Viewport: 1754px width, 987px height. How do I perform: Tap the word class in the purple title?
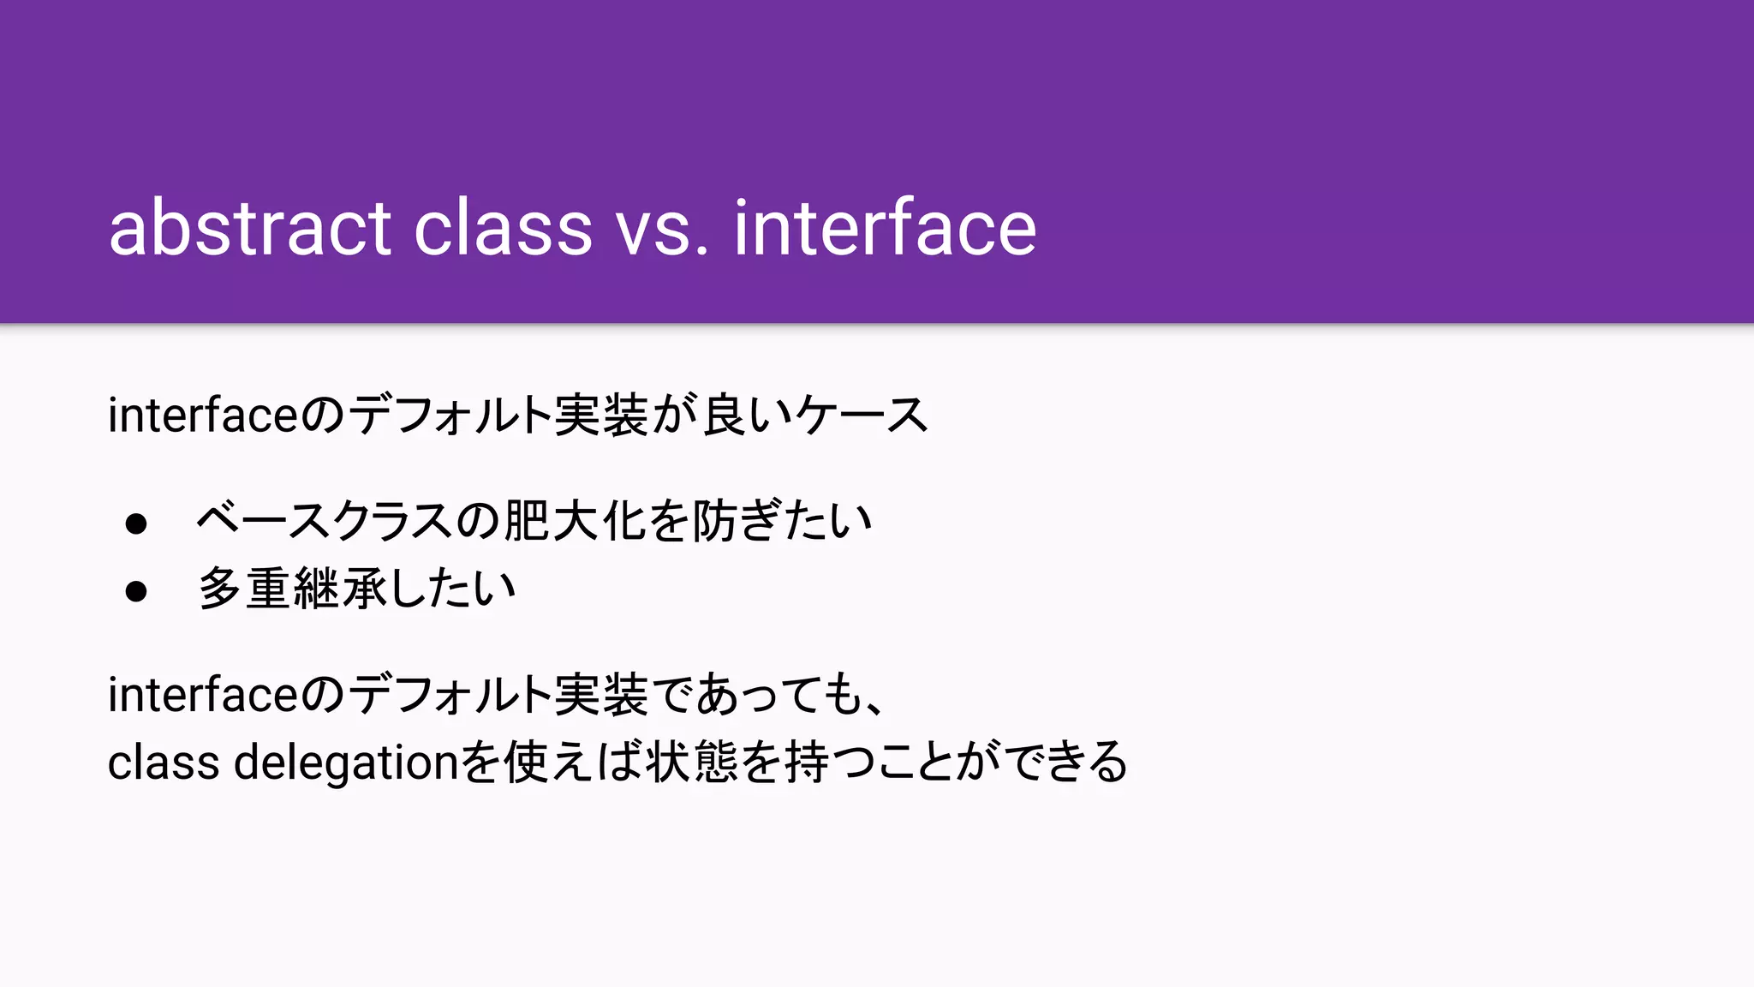pos(503,228)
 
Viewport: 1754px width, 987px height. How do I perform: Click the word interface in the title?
pos(885,228)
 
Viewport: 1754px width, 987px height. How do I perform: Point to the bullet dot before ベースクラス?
pos(136,523)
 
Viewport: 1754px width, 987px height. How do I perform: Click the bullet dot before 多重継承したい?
pos(136,591)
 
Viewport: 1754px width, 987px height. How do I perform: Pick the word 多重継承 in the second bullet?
pos(293,589)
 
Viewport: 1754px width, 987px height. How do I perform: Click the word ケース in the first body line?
pos(861,416)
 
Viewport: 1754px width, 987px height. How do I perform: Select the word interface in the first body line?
pos(203,416)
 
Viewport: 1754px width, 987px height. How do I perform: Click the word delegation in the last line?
pos(347,763)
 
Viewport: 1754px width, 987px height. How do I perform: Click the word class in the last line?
pos(164,763)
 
